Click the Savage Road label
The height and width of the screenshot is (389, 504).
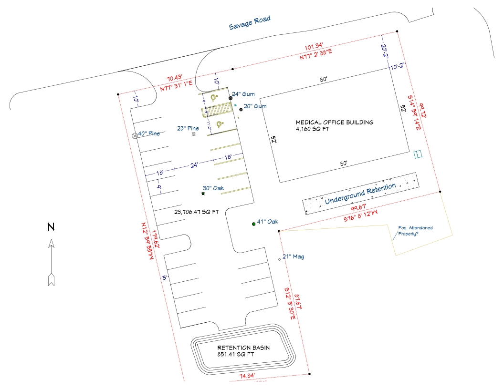[249, 23]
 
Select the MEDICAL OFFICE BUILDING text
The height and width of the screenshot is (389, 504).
[334, 123]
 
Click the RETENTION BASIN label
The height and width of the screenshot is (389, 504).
[243, 348]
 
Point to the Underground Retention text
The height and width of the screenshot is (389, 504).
[360, 194]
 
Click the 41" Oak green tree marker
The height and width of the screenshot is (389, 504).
[253, 224]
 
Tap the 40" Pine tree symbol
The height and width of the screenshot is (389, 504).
[135, 135]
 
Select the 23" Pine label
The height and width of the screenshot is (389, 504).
[188, 128]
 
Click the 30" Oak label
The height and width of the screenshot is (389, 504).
[213, 188]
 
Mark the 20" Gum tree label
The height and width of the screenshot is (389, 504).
[255, 106]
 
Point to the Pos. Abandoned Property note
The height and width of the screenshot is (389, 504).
[415, 231]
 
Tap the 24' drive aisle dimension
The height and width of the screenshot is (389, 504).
[194, 164]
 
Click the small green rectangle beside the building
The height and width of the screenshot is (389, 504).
[418, 154]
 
